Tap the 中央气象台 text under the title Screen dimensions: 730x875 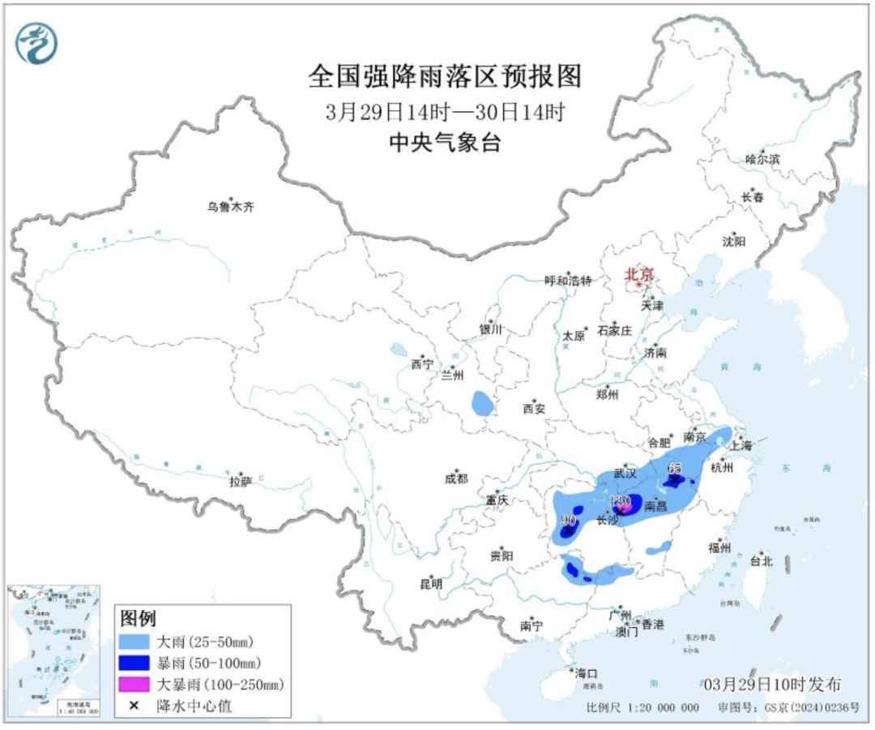click(x=445, y=144)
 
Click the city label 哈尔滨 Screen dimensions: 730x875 click(x=762, y=160)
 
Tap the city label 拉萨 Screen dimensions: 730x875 click(x=240, y=482)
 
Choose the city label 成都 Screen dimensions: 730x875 click(x=455, y=479)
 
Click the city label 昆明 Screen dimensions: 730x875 click(x=430, y=583)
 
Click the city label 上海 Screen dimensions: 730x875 click(x=741, y=445)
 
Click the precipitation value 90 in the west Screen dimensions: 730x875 click(x=568, y=520)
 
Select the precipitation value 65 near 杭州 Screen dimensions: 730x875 click(x=675, y=469)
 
